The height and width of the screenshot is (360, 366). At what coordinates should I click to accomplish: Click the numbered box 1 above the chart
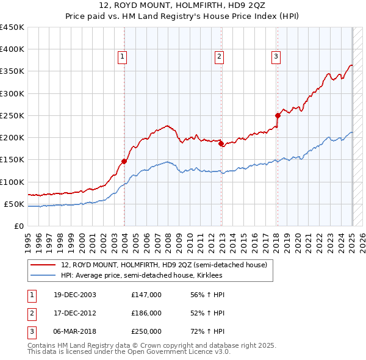tap(123, 57)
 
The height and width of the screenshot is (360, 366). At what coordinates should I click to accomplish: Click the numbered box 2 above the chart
tap(218, 57)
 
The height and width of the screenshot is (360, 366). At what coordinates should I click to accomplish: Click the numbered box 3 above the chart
tap(276, 57)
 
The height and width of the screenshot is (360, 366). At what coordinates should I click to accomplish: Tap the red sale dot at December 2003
tap(124, 161)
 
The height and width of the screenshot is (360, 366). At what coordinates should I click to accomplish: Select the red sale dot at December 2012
tap(221, 144)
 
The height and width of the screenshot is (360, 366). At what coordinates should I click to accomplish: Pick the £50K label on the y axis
tap(15, 204)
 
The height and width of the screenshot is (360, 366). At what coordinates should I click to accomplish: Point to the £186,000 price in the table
tap(146, 313)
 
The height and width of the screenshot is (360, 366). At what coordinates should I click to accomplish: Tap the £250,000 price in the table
tap(146, 331)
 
